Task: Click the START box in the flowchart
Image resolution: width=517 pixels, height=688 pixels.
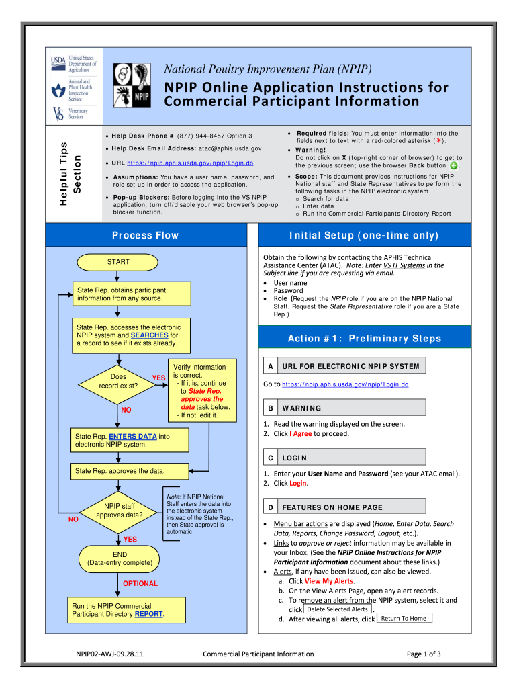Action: click(118, 262)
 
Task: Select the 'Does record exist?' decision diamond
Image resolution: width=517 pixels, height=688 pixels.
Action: click(118, 381)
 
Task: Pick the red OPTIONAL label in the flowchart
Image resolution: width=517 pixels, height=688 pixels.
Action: click(140, 583)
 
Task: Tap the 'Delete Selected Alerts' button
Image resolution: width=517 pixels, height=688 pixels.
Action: click(338, 609)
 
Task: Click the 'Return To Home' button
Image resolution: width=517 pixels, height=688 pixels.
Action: click(404, 618)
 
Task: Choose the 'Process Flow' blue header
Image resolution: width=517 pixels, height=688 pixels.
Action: click(146, 235)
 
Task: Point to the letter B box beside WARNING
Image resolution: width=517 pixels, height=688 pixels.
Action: click(270, 408)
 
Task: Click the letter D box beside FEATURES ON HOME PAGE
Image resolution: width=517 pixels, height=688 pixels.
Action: click(270, 507)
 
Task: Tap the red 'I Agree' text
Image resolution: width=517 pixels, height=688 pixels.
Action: click(300, 433)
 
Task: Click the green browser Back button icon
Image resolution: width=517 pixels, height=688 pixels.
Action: click(454, 165)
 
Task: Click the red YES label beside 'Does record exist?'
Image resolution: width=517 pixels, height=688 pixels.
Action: click(158, 378)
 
